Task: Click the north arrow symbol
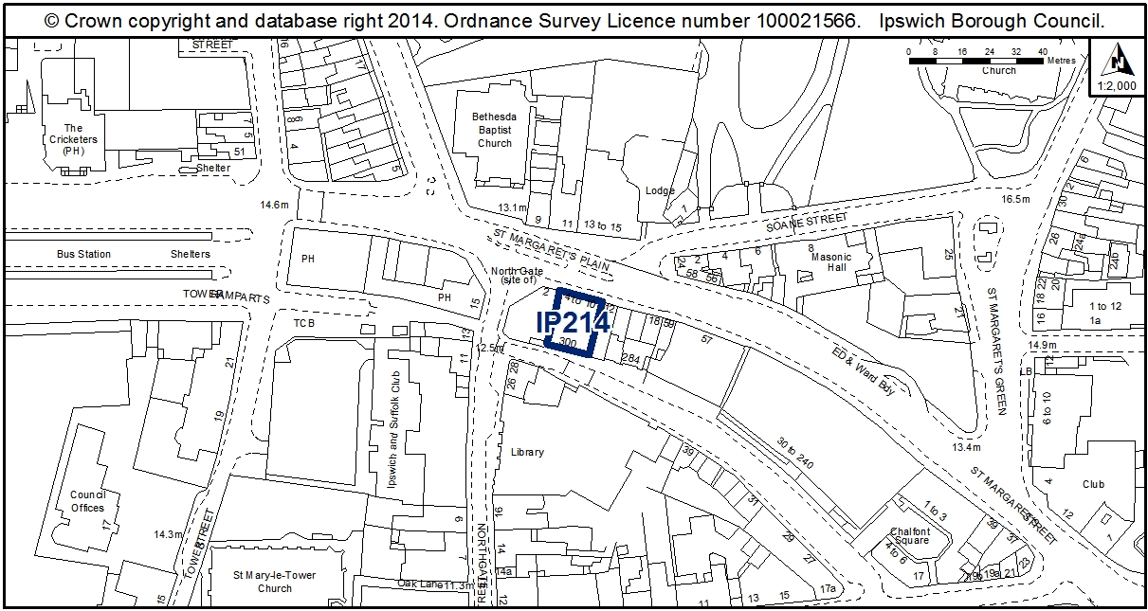(x=1121, y=62)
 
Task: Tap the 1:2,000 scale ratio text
(x=1119, y=85)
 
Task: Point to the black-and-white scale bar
(x=975, y=61)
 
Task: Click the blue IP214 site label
(x=572, y=323)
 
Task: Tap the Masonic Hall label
(x=831, y=261)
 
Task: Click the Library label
(x=527, y=452)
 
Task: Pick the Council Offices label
(x=87, y=501)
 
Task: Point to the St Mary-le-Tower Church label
(x=275, y=582)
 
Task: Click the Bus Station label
(x=83, y=254)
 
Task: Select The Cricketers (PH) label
(x=73, y=139)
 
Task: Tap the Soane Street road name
(x=808, y=221)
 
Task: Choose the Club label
(x=1093, y=484)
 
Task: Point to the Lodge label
(x=660, y=190)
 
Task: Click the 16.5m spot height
(x=1014, y=199)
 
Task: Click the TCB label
(x=303, y=322)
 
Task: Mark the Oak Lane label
(x=420, y=584)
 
